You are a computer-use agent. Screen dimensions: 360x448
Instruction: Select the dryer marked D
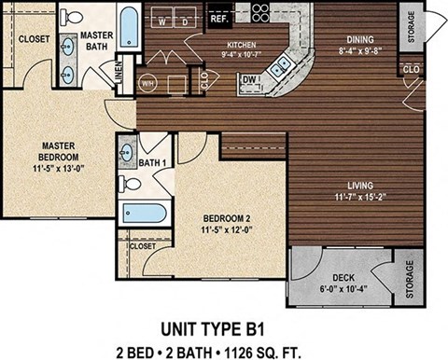[x=186, y=19]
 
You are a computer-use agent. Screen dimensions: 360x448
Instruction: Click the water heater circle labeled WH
[x=147, y=81]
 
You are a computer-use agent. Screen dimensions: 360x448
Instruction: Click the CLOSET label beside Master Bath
[x=34, y=39]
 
